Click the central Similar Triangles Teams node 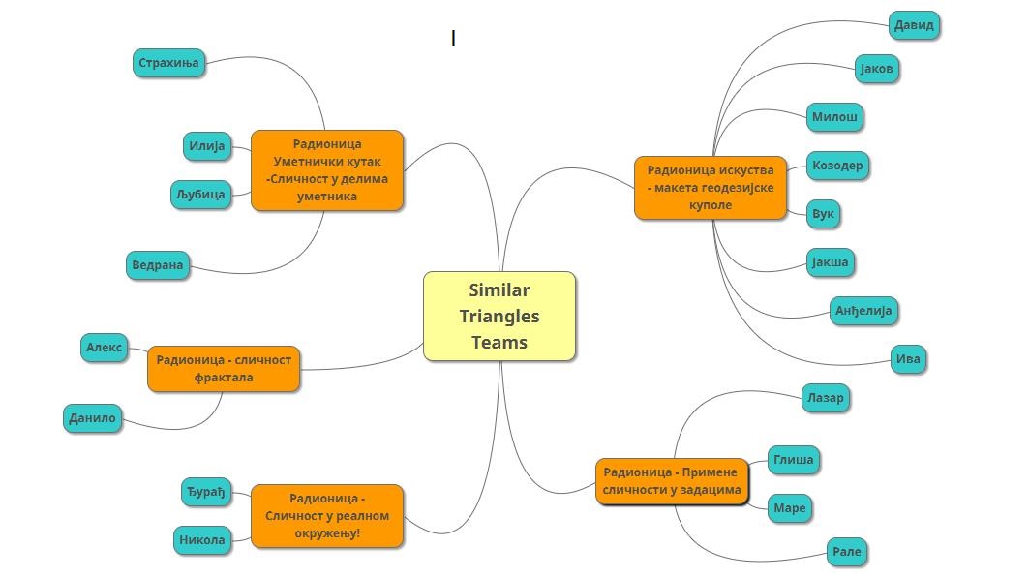coord(499,317)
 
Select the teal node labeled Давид coord(914,25)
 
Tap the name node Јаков coord(877,69)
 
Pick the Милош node coord(834,117)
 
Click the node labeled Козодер coord(837,166)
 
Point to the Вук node coord(823,214)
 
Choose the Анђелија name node coord(863,311)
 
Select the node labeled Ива coord(908,359)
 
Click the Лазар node coord(825,398)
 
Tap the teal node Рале coord(846,552)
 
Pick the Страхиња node coord(168,64)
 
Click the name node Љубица coord(200,195)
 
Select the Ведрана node coord(158,265)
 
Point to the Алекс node coord(105,348)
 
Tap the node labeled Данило coord(92,418)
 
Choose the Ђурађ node coord(206,492)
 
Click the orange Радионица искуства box coord(711,188)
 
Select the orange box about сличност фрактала coord(224,369)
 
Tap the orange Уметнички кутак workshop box coord(327,170)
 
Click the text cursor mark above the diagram coord(453,39)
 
